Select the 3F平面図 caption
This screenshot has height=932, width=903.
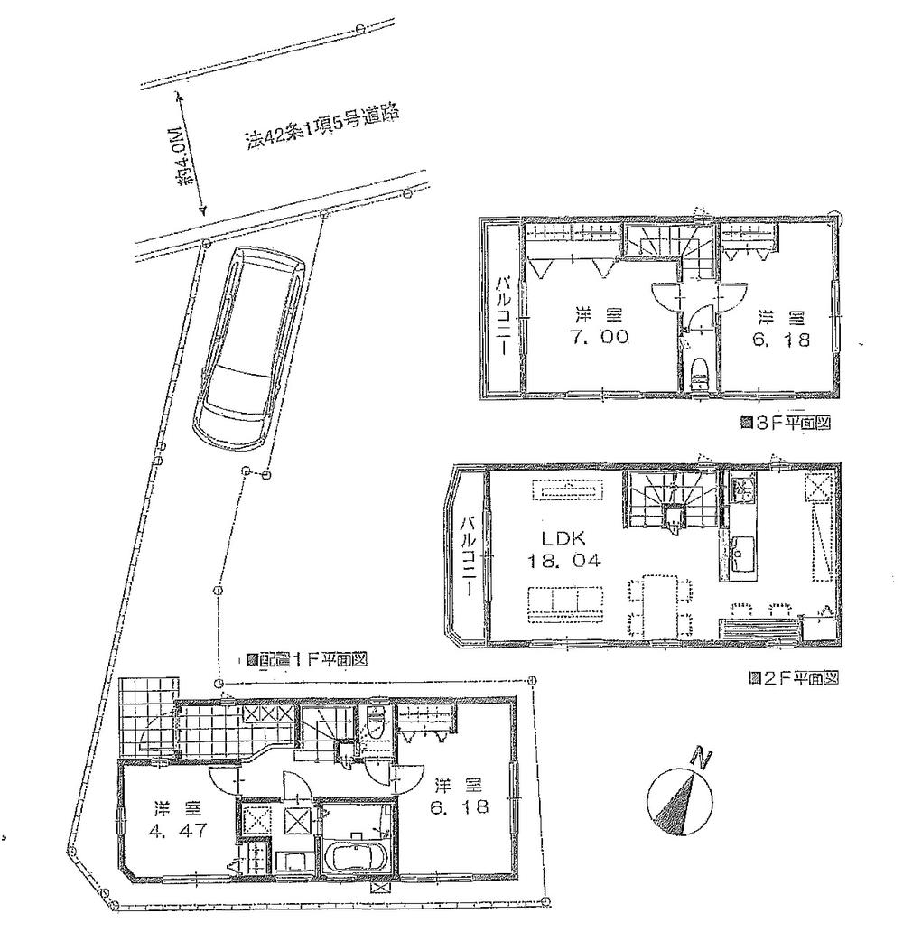[x=784, y=421]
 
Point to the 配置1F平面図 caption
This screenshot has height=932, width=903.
[x=307, y=659]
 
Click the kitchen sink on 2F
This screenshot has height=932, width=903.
[x=741, y=549]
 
